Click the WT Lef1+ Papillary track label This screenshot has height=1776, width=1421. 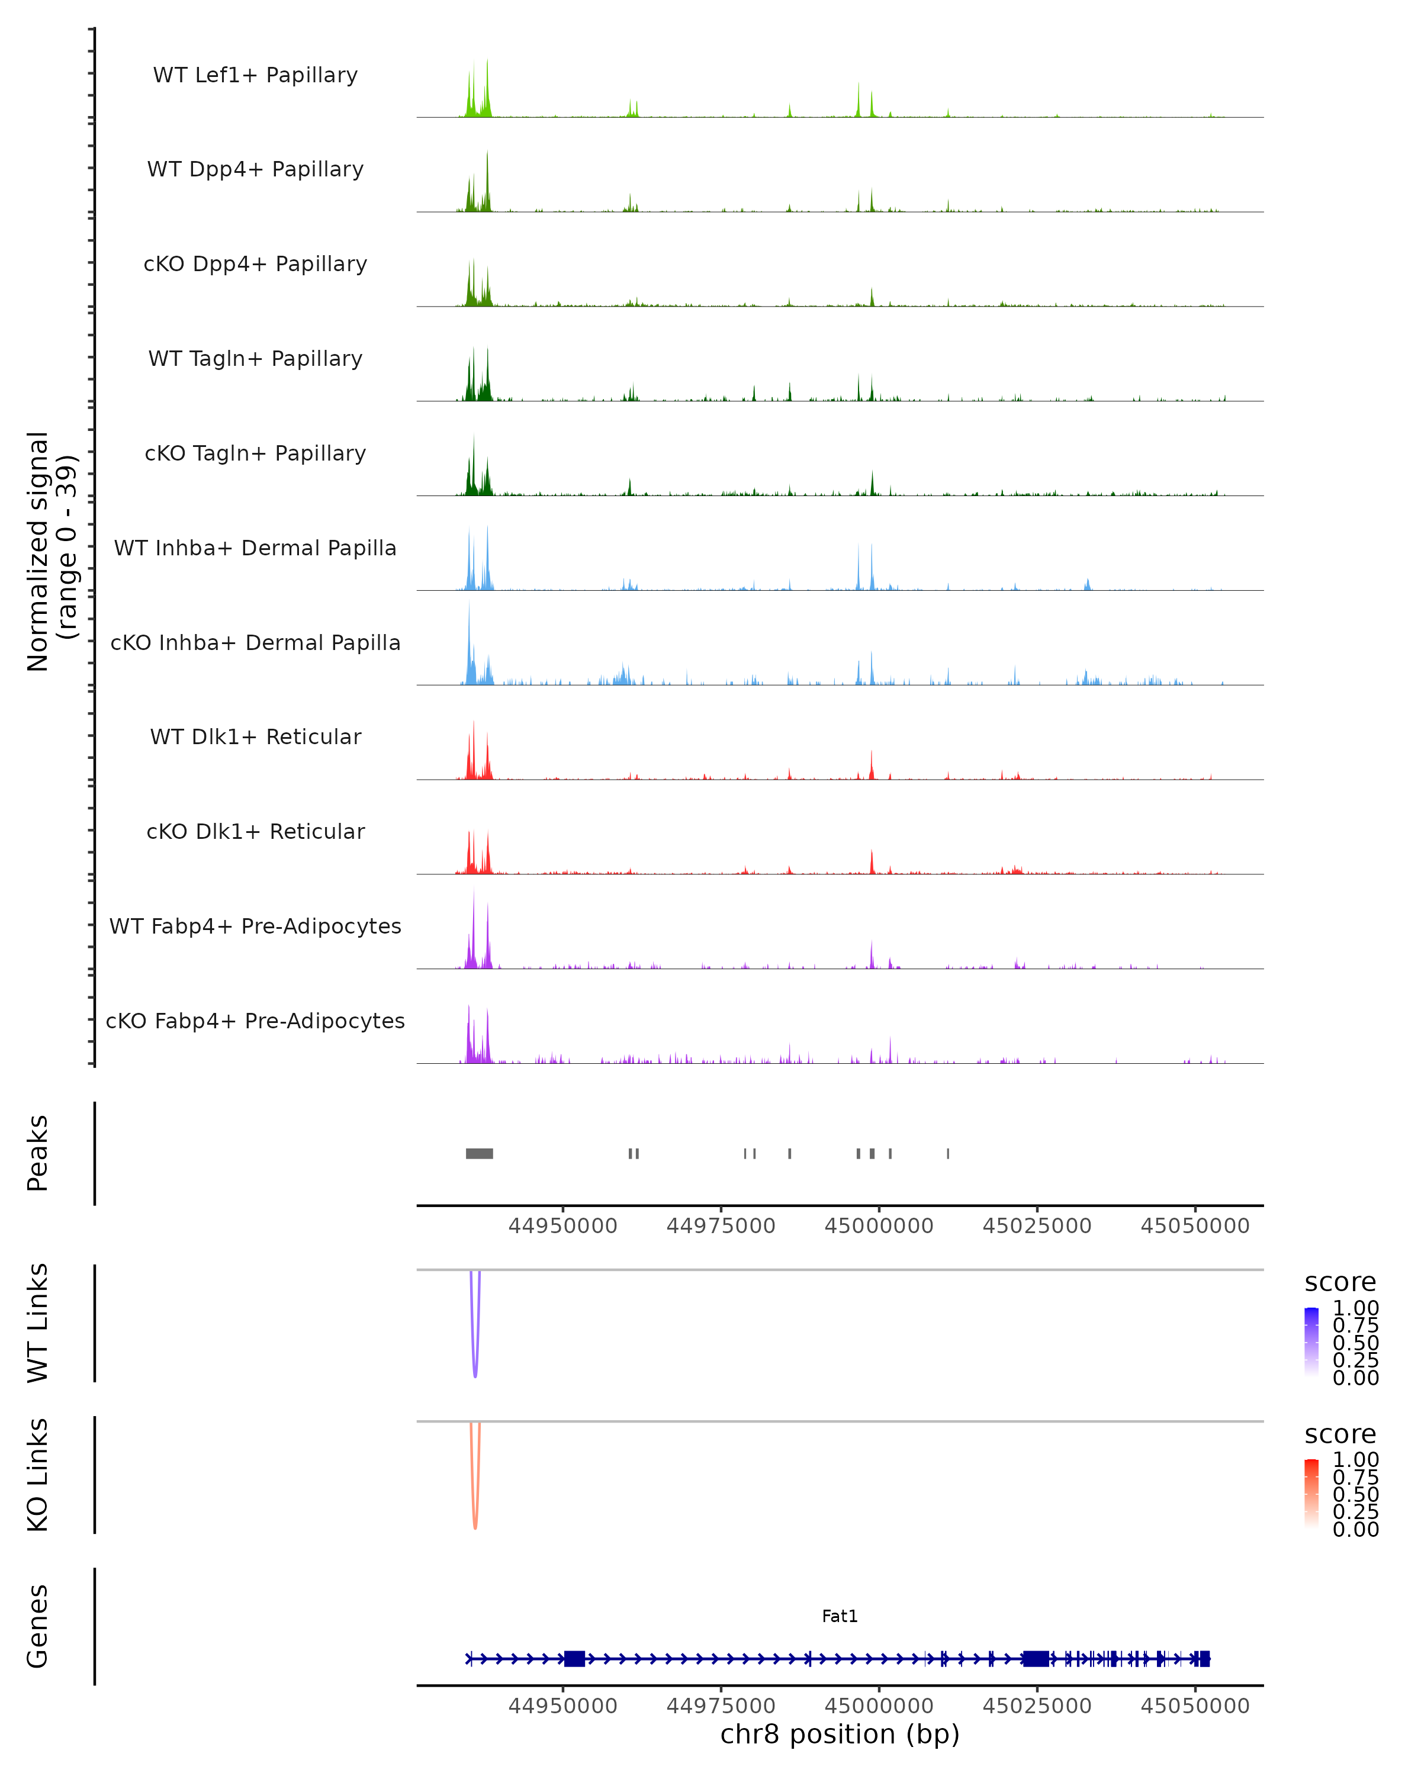click(255, 75)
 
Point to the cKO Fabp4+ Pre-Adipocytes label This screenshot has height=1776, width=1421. click(255, 1021)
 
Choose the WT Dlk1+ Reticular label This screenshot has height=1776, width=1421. click(255, 736)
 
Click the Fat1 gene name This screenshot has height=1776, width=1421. click(840, 1616)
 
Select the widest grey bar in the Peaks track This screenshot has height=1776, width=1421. click(480, 1153)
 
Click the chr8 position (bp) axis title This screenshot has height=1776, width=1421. click(840, 1734)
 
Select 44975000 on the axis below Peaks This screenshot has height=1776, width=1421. click(721, 1226)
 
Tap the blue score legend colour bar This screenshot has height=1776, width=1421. click(1311, 1342)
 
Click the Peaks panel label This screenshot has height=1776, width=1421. click(38, 1153)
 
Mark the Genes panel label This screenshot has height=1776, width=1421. click(38, 1626)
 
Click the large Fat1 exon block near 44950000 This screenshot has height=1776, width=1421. click(574, 1658)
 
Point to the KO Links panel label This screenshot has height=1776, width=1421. click(38, 1475)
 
